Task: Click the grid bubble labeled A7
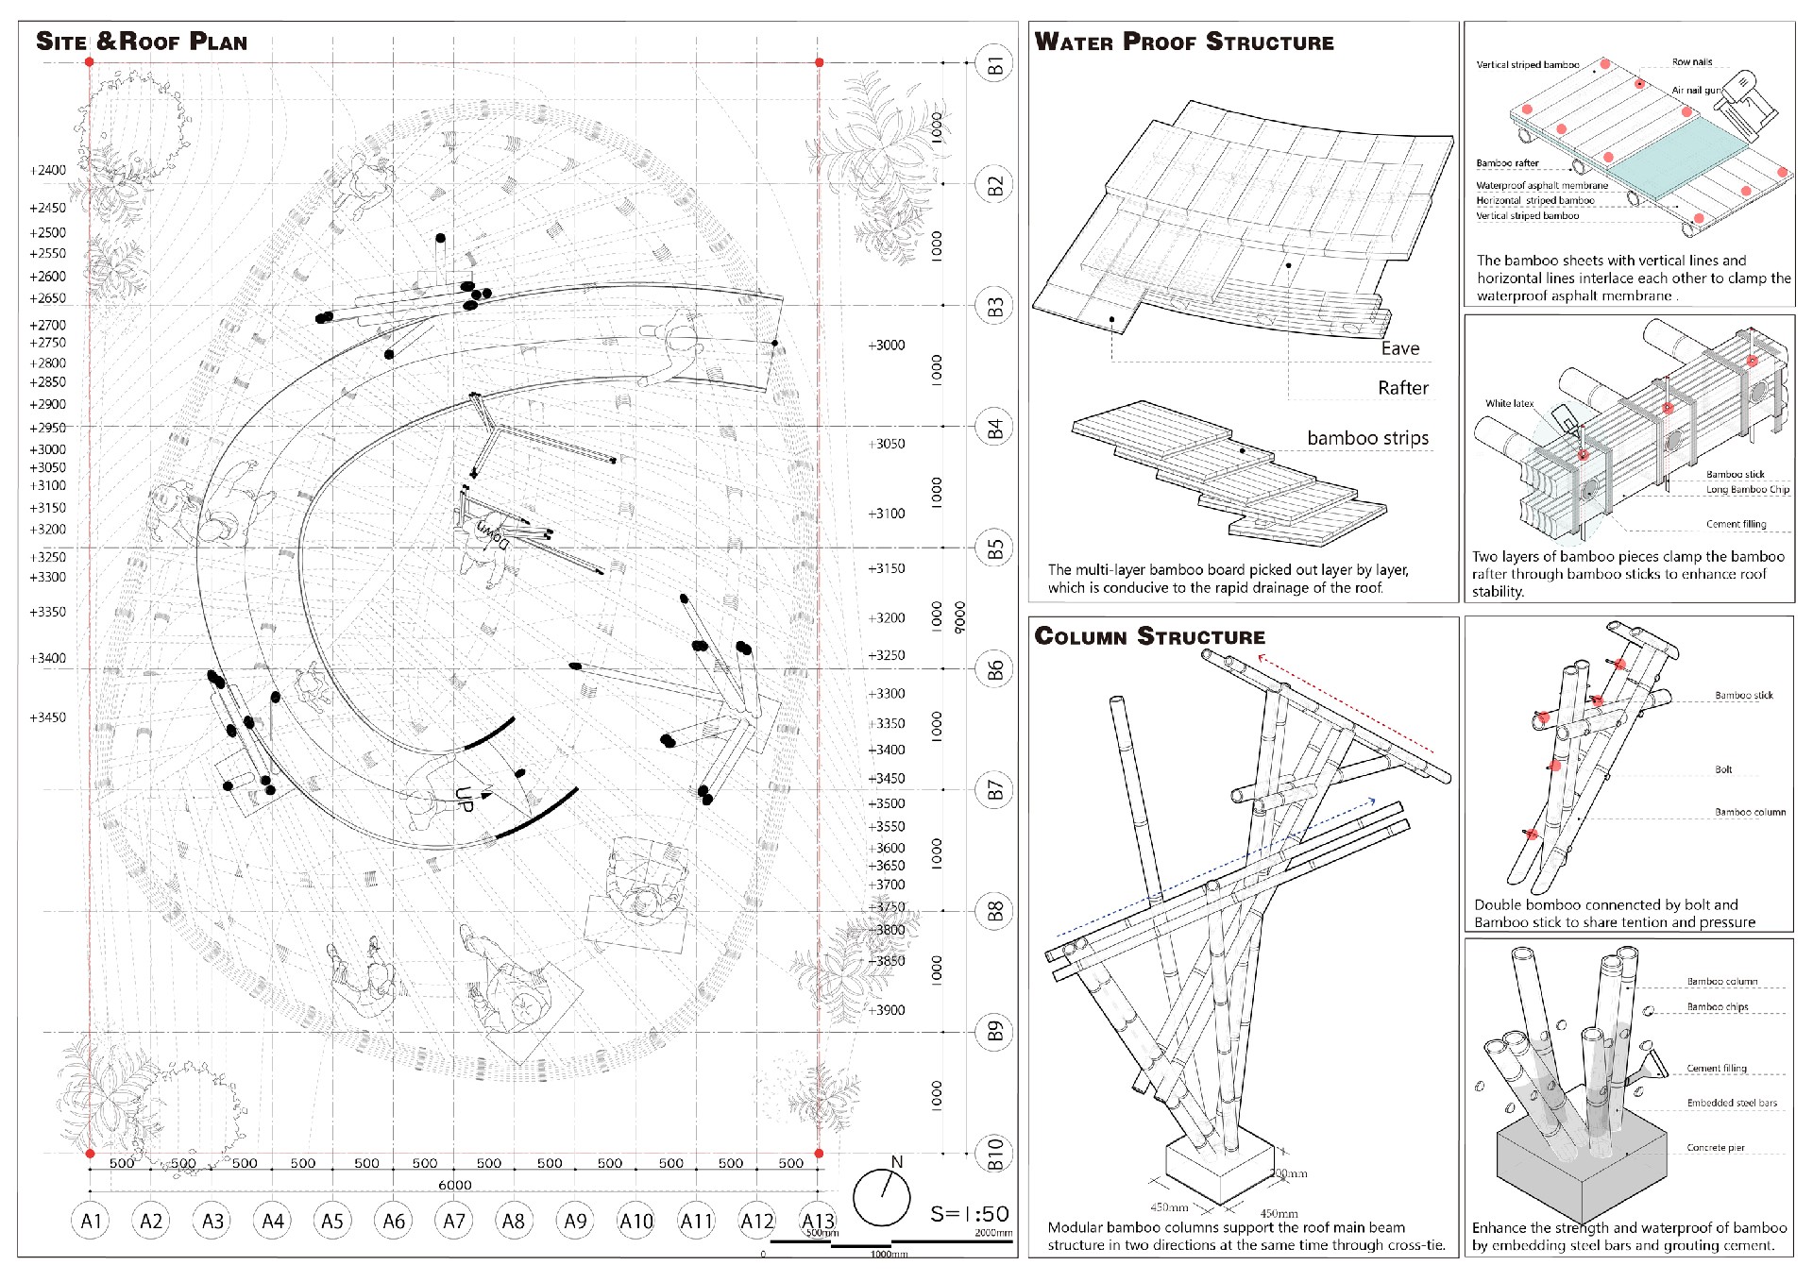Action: [x=454, y=1221]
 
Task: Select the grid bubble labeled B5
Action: [x=994, y=548]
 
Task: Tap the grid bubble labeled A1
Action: [x=91, y=1221]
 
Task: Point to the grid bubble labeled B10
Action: [x=994, y=1154]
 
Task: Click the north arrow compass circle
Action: [x=882, y=1197]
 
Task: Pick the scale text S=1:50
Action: [x=969, y=1214]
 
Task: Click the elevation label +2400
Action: [x=47, y=171]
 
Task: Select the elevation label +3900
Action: [x=886, y=1010]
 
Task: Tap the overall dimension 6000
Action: [x=454, y=1185]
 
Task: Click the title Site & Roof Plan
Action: [x=142, y=42]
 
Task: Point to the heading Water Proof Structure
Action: [x=1184, y=42]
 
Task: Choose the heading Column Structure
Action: [x=1149, y=636]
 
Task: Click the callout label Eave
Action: [x=1399, y=348]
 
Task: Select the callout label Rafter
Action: [x=1402, y=388]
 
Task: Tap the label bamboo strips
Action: [x=1367, y=438]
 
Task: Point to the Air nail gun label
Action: [x=1696, y=91]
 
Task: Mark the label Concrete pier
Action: [x=1716, y=1148]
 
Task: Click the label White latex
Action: [x=1509, y=403]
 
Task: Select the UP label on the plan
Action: [x=464, y=799]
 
